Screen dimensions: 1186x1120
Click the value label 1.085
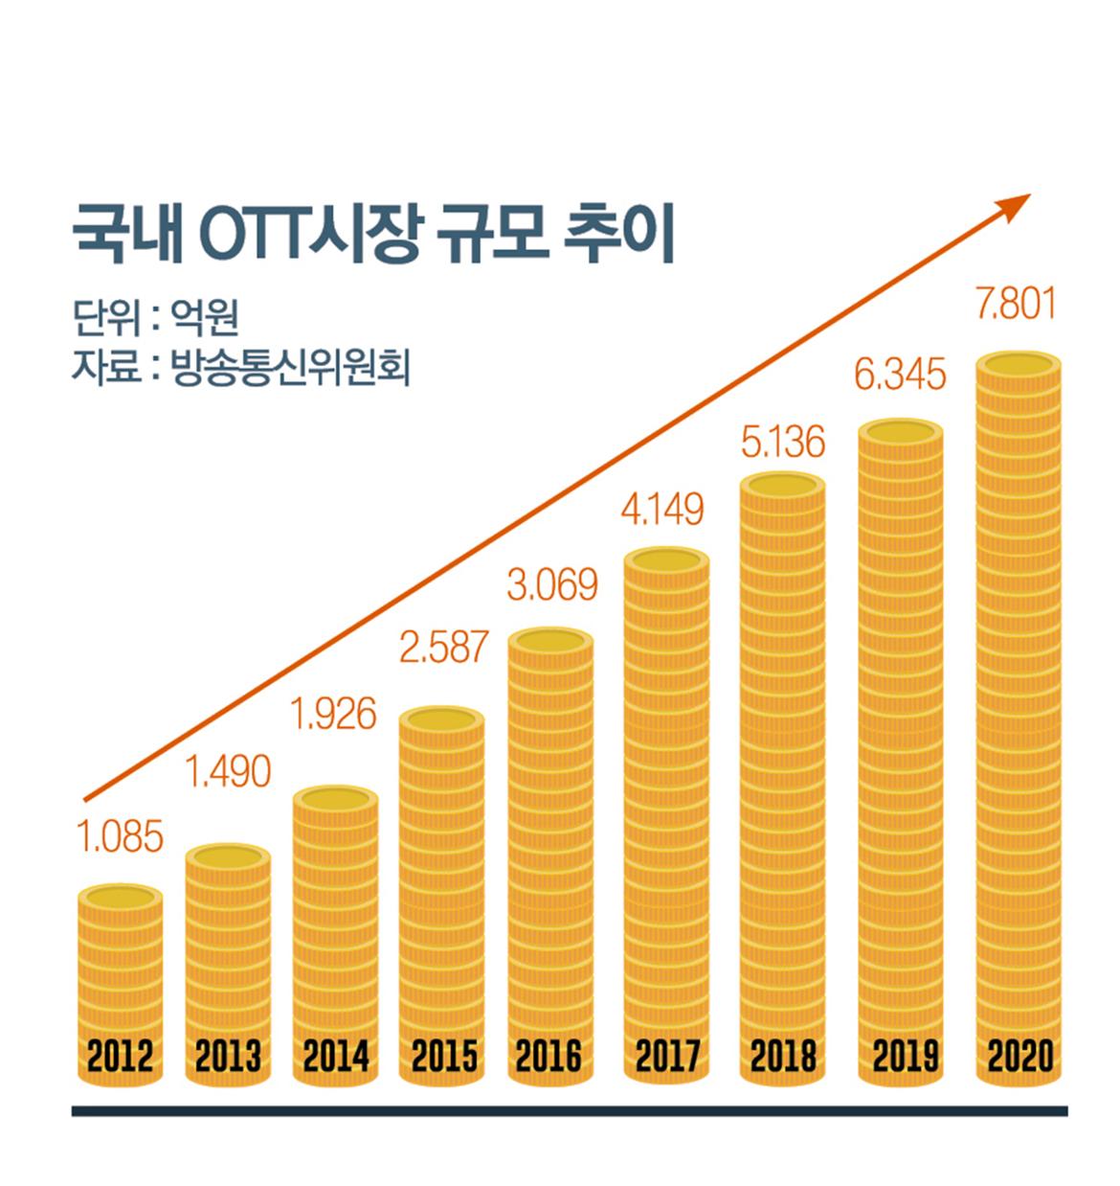click(120, 838)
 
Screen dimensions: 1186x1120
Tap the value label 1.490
click(228, 772)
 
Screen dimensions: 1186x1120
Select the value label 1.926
click(333, 715)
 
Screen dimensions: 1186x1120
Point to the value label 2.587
click(443, 649)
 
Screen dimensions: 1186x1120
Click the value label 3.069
click(552, 585)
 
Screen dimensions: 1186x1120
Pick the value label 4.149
click(661, 510)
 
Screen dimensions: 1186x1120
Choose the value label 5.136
click(782, 443)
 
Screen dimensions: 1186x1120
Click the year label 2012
click(120, 1057)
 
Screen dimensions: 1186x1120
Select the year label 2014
click(335, 1057)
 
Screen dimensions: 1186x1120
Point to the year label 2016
click(549, 1057)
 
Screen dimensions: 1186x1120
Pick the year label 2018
click(783, 1057)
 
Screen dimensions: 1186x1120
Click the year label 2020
click(1019, 1057)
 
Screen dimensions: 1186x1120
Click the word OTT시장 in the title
click(310, 236)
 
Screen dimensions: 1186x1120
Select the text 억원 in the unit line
click(205, 317)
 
